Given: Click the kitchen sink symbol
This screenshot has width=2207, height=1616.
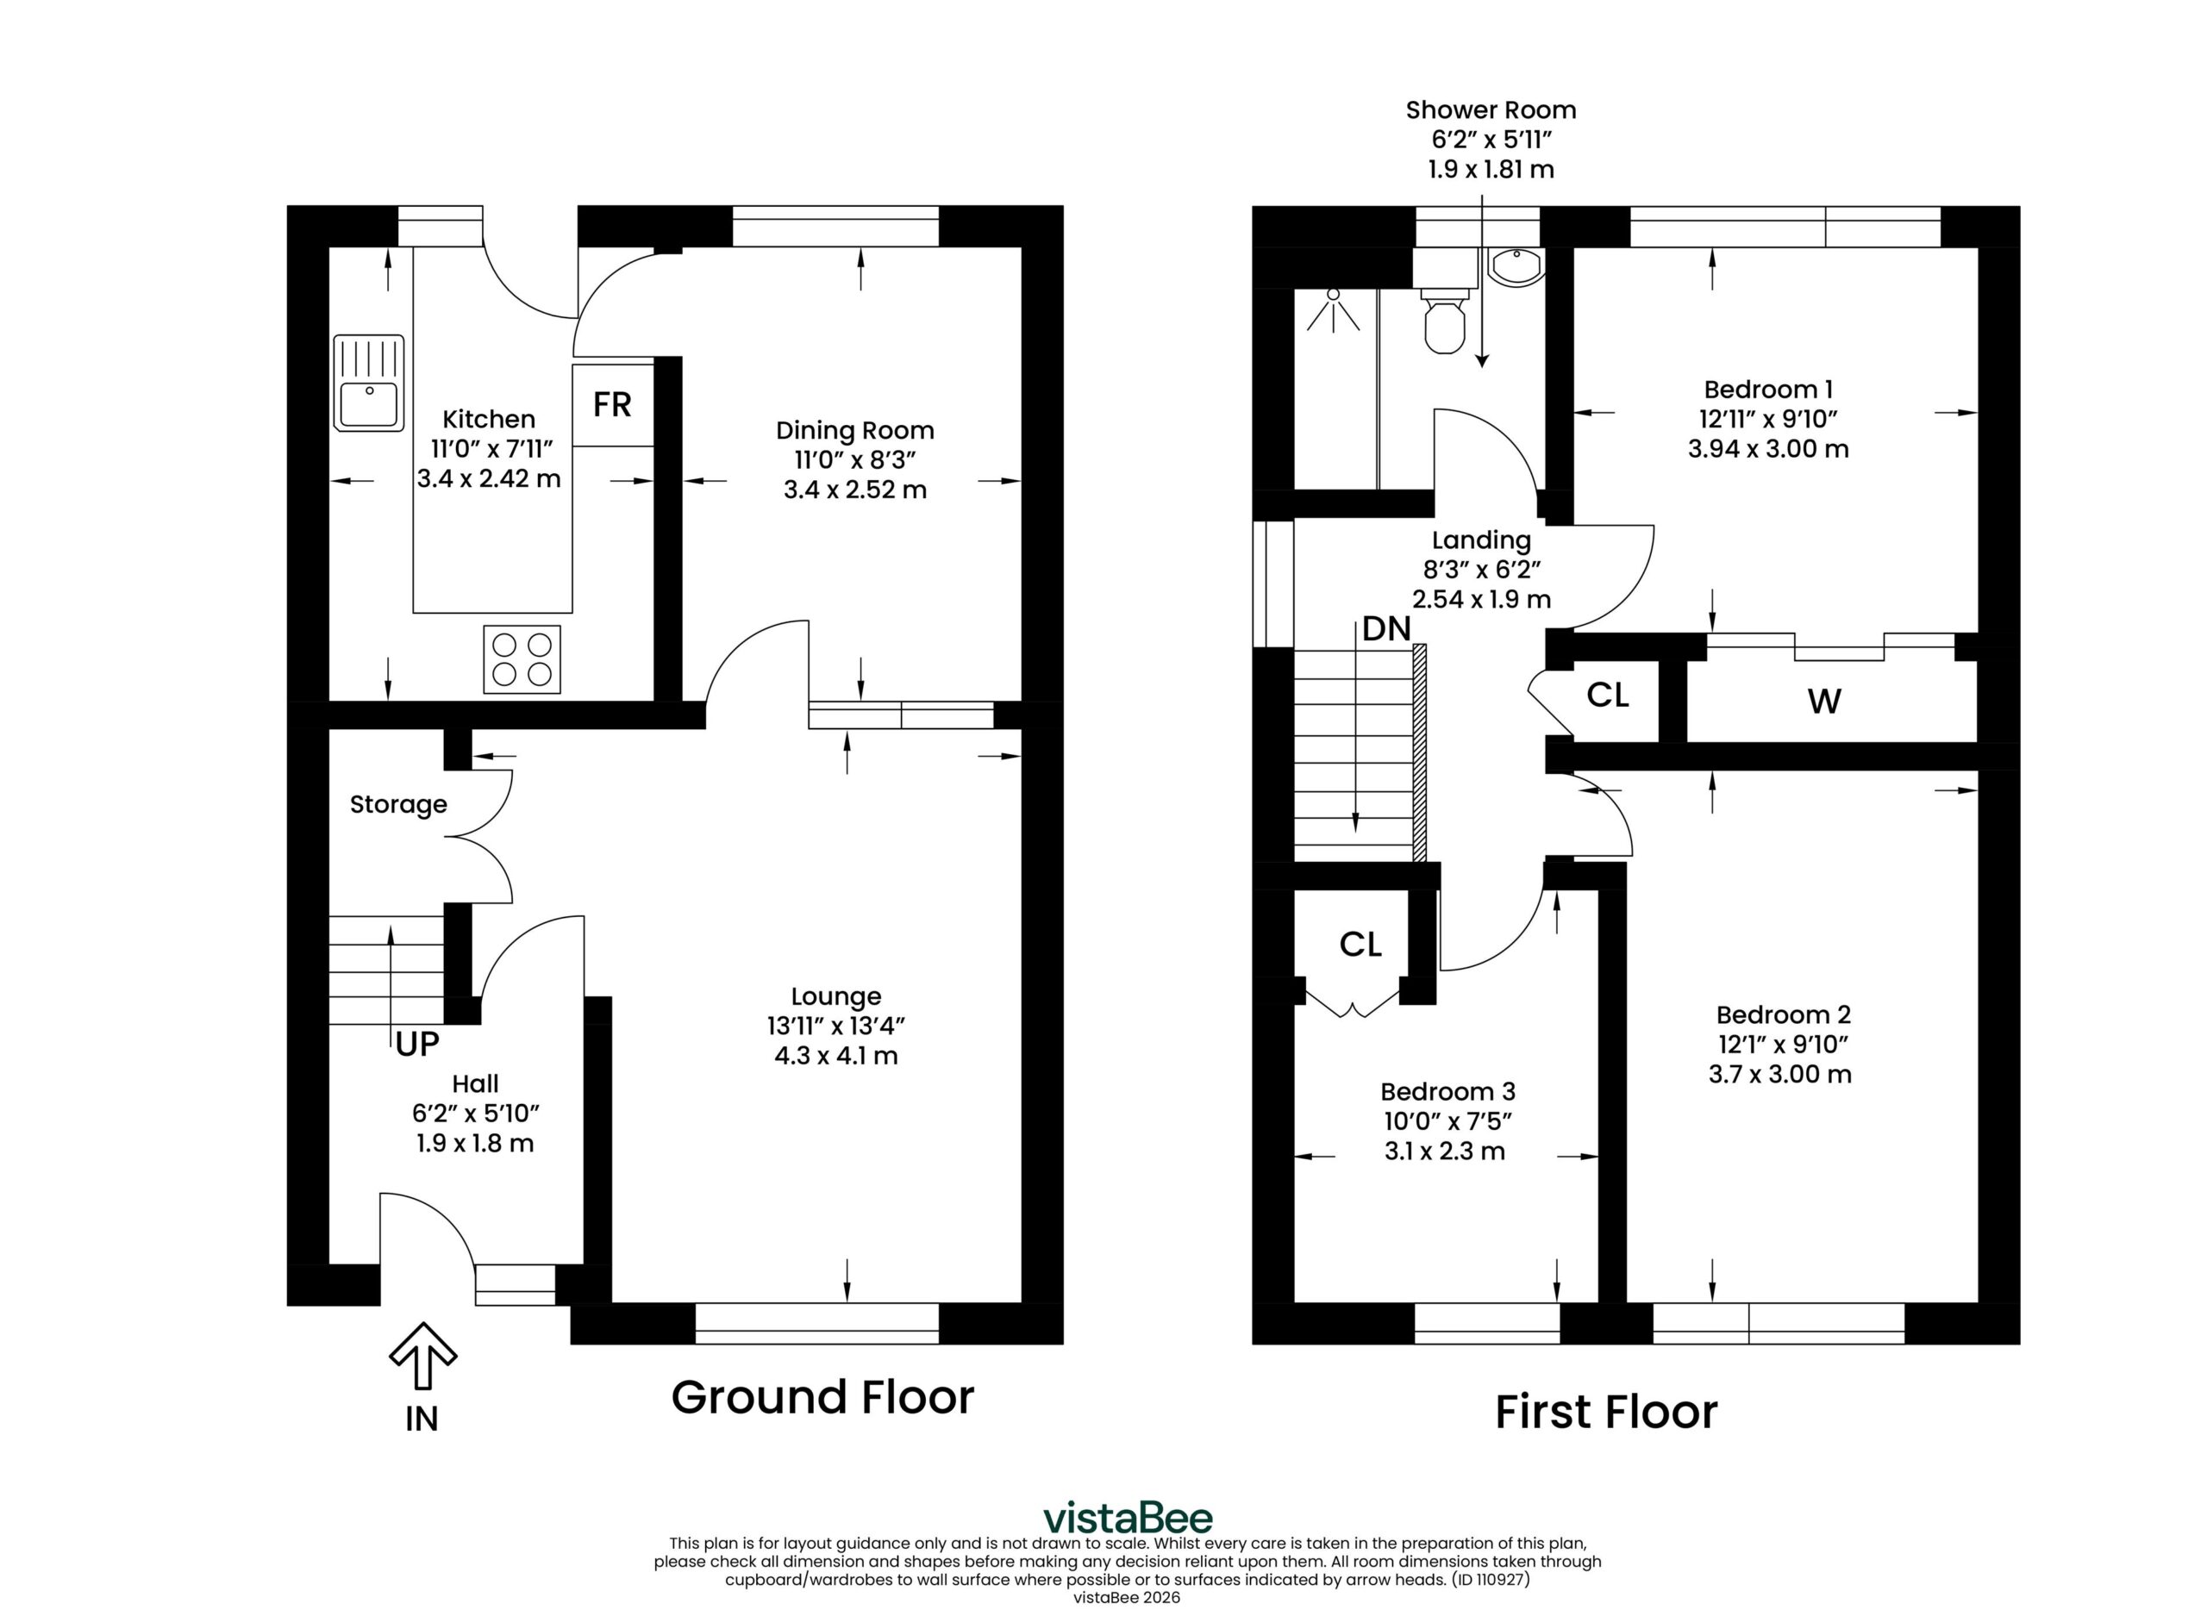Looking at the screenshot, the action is [369, 383].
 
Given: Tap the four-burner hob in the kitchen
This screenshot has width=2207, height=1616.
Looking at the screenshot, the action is [522, 659].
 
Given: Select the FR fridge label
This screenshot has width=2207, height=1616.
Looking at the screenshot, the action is [612, 404].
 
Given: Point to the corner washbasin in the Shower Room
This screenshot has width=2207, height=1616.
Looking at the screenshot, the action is [1515, 266].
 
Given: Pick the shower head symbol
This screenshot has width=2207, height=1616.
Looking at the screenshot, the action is [1333, 309].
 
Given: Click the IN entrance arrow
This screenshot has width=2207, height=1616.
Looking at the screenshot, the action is [422, 1355].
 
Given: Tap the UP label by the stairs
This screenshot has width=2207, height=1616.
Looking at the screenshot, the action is [418, 1045].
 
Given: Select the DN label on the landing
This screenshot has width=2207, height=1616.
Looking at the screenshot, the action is [1386, 629].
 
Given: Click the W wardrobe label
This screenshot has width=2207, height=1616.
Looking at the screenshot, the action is [1824, 701].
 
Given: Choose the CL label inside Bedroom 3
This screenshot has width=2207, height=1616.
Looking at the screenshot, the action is [1360, 944].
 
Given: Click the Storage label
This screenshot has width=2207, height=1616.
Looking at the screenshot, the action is [398, 804].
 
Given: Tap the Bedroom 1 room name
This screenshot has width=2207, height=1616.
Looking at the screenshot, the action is [1767, 390].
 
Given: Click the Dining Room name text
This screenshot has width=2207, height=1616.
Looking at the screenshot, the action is [855, 430].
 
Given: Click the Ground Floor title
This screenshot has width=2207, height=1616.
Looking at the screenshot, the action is [822, 1397].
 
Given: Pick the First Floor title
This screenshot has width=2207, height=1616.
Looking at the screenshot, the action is [1606, 1412].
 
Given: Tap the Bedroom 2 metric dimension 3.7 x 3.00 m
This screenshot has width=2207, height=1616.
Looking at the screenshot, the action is [1779, 1074].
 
